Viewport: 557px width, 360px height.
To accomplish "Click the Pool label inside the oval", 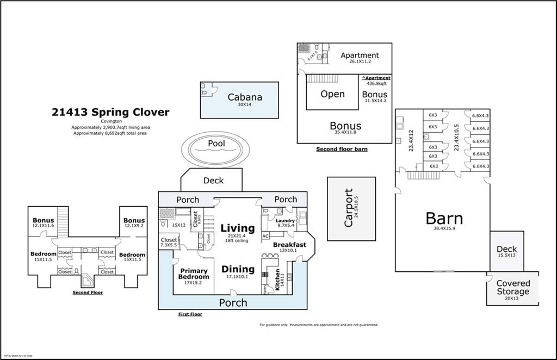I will tap(216, 144).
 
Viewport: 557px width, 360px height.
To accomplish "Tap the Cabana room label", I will tap(244, 97).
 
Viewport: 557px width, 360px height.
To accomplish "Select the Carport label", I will tap(349, 208).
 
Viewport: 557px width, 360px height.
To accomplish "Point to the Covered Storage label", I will tap(512, 288).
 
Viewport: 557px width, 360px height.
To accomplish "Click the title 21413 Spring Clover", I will tap(110, 113).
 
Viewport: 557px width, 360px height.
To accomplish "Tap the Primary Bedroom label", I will tap(193, 274).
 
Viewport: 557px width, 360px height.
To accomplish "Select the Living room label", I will tap(238, 228).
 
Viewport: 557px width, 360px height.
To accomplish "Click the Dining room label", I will tap(238, 269).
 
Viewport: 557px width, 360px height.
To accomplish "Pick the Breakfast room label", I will tap(289, 245).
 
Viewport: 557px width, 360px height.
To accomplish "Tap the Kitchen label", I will tap(277, 279).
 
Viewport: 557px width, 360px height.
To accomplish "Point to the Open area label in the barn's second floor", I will tap(332, 94).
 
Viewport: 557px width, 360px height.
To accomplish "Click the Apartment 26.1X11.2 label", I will tap(360, 55).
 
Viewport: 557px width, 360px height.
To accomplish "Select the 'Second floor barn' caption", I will tap(342, 149).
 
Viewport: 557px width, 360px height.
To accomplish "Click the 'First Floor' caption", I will tap(190, 314).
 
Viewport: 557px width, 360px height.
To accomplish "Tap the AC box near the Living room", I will tap(266, 236).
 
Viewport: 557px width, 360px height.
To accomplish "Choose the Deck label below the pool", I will tap(213, 181).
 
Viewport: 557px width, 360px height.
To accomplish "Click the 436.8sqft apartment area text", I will tap(376, 84).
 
